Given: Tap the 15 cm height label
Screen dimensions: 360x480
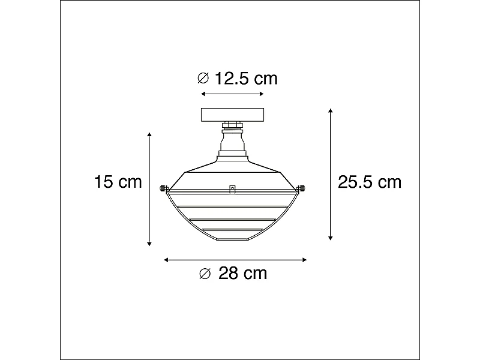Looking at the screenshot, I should (x=118, y=182).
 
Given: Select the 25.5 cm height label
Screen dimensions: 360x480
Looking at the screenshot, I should (x=369, y=182).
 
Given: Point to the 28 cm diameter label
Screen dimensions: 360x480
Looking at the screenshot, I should (x=242, y=274).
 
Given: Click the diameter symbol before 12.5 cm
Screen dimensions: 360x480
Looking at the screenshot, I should (x=203, y=78).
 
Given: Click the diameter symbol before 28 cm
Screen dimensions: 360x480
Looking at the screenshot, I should (x=205, y=274).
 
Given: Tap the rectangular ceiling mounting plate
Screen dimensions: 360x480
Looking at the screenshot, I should (x=232, y=114).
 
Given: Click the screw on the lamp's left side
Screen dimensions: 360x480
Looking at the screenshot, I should (x=162, y=188).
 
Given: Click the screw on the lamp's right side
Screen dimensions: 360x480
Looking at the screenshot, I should (x=303, y=188).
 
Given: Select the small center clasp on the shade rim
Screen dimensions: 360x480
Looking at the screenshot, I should (x=232, y=190).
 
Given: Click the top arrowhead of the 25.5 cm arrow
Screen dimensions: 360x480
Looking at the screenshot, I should (x=330, y=112).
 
